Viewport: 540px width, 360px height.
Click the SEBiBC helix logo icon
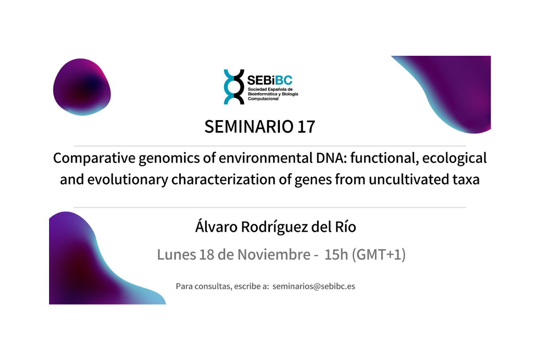(x=234, y=87)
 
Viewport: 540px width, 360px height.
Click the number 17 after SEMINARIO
(x=306, y=127)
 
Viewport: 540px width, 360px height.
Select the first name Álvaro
(x=216, y=227)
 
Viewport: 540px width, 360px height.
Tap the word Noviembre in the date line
(x=274, y=255)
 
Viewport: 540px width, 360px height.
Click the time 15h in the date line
(x=336, y=255)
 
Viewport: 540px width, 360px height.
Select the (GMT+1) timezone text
(x=379, y=255)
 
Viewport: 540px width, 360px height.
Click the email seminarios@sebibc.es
(x=314, y=286)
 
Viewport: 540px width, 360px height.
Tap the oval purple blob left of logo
(x=82, y=87)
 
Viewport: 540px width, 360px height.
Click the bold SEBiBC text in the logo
(x=270, y=80)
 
